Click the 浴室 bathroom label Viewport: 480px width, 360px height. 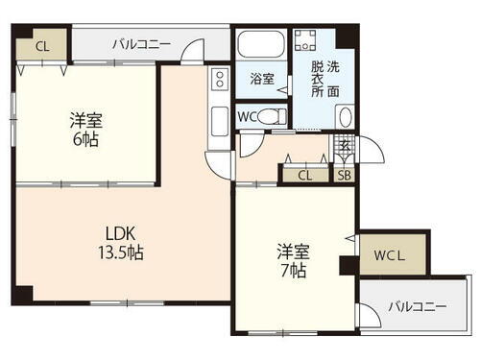[x=262, y=79]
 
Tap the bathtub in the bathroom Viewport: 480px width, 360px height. [x=262, y=46]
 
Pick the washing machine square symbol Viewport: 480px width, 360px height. [x=306, y=40]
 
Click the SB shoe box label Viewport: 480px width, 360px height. [x=343, y=175]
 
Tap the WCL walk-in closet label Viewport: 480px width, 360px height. [x=389, y=256]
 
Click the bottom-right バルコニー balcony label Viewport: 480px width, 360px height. [x=418, y=306]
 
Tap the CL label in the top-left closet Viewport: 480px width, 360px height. [x=41, y=45]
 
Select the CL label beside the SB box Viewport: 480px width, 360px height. [x=304, y=175]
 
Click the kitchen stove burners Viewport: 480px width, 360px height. [x=219, y=79]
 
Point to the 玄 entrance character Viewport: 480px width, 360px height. [x=345, y=147]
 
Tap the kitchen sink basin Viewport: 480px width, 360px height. [x=219, y=120]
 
